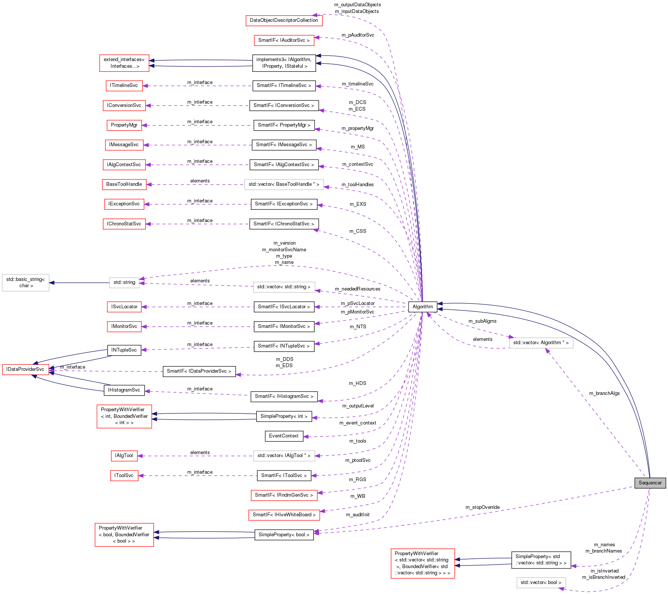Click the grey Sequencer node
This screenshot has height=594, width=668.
pyautogui.click(x=650, y=483)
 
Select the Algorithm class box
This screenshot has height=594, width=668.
pyautogui.click(x=422, y=306)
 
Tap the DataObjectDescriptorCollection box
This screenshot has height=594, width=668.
pyautogui.click(x=284, y=20)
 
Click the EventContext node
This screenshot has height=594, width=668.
pyautogui.click(x=284, y=436)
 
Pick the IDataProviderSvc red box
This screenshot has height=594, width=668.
pyautogui.click(x=25, y=369)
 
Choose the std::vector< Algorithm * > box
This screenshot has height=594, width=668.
pyautogui.click(x=541, y=343)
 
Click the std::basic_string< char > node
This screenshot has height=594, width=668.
pyautogui.click(x=26, y=283)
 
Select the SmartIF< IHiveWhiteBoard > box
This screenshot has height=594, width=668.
pyautogui.click(x=284, y=515)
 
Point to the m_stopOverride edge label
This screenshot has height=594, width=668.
pyautogui.click(x=483, y=507)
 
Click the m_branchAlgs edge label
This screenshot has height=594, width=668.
pyautogui.click(x=604, y=393)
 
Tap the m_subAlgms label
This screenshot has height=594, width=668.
pyautogui.click(x=483, y=321)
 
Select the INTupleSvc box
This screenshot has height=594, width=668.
pyautogui.click(x=124, y=350)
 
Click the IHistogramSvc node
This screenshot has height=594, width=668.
pyautogui.click(x=124, y=390)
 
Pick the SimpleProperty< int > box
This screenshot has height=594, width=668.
pyautogui.click(x=284, y=416)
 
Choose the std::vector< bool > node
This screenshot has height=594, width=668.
pyautogui.click(x=541, y=583)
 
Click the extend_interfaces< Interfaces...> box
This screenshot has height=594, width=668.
pyautogui.click(x=124, y=63)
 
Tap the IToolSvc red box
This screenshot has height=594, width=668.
pyautogui.click(x=124, y=476)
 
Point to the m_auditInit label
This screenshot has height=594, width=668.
pyautogui.click(x=358, y=515)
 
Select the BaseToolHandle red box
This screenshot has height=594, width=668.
pyautogui.click(x=124, y=184)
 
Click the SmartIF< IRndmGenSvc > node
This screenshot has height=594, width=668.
pyautogui.click(x=284, y=495)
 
